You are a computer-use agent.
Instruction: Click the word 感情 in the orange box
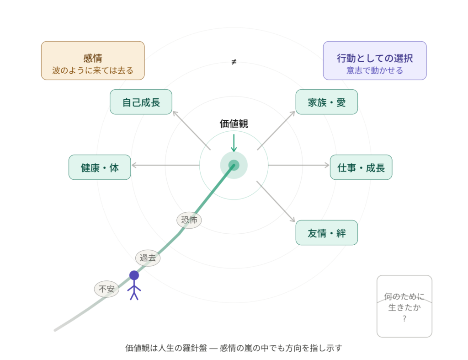[x=93, y=59]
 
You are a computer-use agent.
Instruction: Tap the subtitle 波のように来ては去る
[x=93, y=71]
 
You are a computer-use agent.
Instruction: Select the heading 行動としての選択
[x=375, y=59]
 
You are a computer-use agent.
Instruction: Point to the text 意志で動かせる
[x=375, y=71]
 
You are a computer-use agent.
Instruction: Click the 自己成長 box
[x=141, y=102]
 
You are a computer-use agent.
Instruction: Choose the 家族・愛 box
[x=326, y=102]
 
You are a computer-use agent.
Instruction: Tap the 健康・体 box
[x=100, y=167]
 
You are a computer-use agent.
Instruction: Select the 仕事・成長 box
[x=361, y=167]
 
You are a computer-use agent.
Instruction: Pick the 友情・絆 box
[x=326, y=233]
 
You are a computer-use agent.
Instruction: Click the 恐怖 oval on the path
[x=189, y=220]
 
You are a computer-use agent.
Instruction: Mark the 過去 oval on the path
[x=148, y=258]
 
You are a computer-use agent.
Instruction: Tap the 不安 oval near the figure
[x=106, y=289]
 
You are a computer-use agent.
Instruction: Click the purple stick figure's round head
[x=134, y=275]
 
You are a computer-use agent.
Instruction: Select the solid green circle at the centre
[x=234, y=165]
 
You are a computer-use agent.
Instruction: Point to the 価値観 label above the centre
[x=234, y=123]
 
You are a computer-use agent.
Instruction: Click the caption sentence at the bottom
[x=234, y=348]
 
